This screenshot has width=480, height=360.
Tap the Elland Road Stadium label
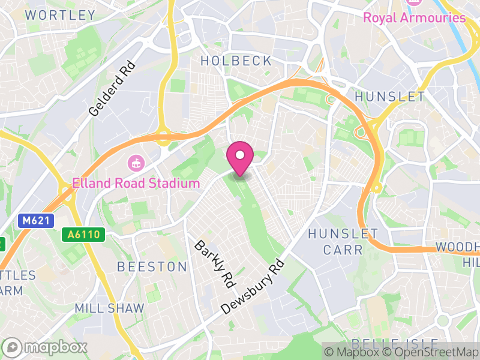click(136, 183)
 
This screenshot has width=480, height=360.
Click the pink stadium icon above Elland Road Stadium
click(136, 163)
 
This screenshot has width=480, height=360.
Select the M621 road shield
click(35, 221)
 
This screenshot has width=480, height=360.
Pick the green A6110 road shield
click(83, 235)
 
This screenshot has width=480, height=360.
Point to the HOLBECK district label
click(236, 61)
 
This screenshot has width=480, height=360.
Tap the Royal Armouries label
click(414, 17)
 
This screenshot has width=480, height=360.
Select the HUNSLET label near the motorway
click(390, 97)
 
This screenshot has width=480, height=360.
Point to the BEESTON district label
click(152, 266)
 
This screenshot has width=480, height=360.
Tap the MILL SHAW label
click(109, 308)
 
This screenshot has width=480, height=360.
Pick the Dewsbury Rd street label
click(252, 287)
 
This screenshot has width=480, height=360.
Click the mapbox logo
click(46, 347)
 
